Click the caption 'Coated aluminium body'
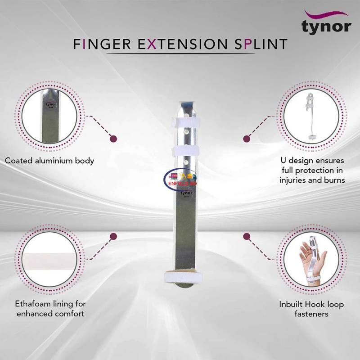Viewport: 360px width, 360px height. [x=49, y=160]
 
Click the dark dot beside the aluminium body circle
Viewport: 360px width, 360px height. [x=114, y=139]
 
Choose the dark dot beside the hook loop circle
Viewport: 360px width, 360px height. [x=247, y=236]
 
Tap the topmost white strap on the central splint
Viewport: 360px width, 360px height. [x=184, y=123]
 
